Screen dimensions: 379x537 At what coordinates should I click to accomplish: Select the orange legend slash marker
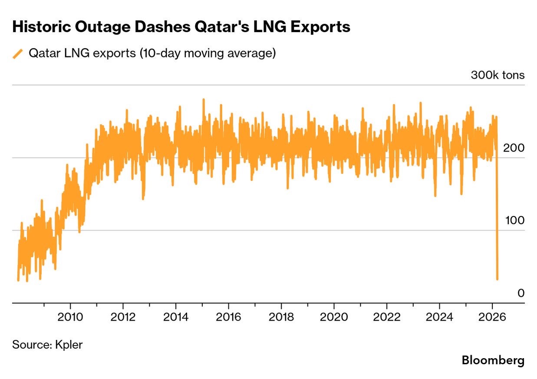[x=18, y=54]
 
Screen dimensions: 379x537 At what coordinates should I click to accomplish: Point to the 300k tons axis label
[x=497, y=75]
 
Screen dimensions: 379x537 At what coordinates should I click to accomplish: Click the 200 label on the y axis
[x=514, y=148]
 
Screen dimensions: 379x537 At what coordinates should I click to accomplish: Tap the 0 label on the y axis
[x=521, y=293]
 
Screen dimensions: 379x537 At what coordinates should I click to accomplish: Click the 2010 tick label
[x=70, y=317]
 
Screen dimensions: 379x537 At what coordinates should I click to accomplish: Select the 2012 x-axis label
[x=123, y=317]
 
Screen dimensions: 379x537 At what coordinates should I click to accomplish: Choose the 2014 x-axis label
[x=176, y=317]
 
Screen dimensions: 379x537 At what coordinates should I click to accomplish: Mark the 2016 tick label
[x=228, y=317]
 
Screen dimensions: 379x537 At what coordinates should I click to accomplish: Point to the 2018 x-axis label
[x=281, y=317]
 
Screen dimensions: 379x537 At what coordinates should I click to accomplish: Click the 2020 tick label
[x=334, y=317]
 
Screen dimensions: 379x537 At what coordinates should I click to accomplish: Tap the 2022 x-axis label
[x=387, y=317]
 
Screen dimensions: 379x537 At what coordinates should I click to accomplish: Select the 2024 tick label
[x=439, y=317]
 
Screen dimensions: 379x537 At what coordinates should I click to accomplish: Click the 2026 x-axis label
[x=492, y=317]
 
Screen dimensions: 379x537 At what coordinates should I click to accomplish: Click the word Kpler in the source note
[x=69, y=345]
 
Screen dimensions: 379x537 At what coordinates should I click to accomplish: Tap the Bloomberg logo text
[x=493, y=360]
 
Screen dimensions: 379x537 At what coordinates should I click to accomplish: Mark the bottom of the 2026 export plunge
[x=497, y=279]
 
